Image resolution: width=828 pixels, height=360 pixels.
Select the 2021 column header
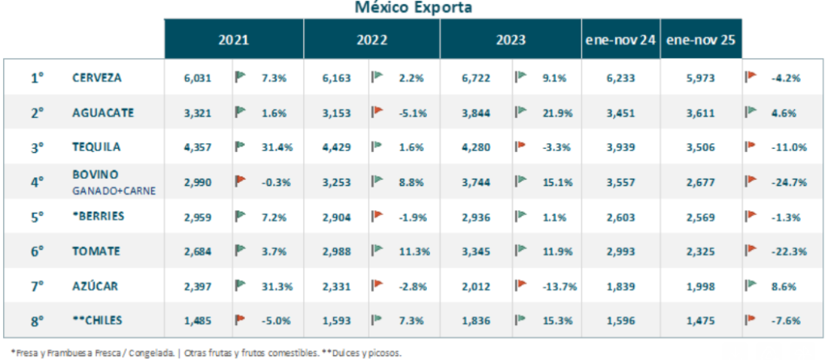tap(233, 39)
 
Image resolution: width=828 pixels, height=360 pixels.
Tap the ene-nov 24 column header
tap(620, 39)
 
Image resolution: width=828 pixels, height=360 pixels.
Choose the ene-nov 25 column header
tap(701, 39)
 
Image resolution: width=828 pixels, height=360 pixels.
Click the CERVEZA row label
tap(97, 78)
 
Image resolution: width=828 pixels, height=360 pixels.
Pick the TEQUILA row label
tap(96, 147)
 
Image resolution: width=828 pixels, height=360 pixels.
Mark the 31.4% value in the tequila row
tap(276, 147)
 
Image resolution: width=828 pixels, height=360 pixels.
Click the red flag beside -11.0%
tap(751, 147)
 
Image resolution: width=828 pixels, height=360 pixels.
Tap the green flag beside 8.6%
tap(751, 286)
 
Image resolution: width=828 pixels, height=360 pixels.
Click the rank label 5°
tap(37, 217)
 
